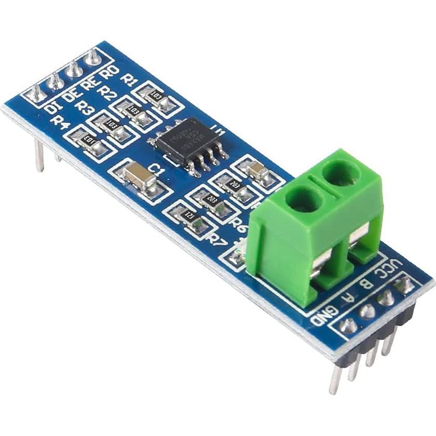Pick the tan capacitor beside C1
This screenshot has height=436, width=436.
coord(140,176)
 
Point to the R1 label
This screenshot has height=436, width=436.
coord(128,79)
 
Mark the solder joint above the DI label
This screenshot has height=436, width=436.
coord(35,93)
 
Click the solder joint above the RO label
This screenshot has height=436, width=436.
coord(92,56)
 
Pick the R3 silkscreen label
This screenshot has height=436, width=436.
coord(84,108)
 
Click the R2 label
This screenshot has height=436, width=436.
coord(108,93)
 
